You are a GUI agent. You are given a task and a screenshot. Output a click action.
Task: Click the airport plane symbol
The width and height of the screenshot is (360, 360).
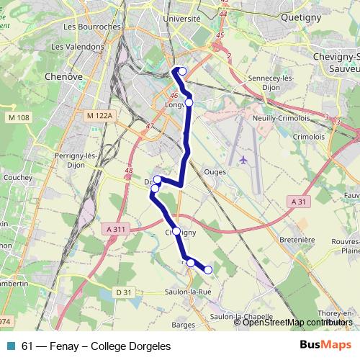243,159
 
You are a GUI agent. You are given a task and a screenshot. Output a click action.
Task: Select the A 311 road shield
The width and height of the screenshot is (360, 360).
115,229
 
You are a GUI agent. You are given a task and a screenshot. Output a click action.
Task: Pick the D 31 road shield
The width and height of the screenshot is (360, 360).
124,292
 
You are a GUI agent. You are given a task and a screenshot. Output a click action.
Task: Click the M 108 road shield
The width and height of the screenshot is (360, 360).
19,117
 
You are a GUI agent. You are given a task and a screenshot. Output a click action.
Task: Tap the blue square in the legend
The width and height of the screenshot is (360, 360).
11,346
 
